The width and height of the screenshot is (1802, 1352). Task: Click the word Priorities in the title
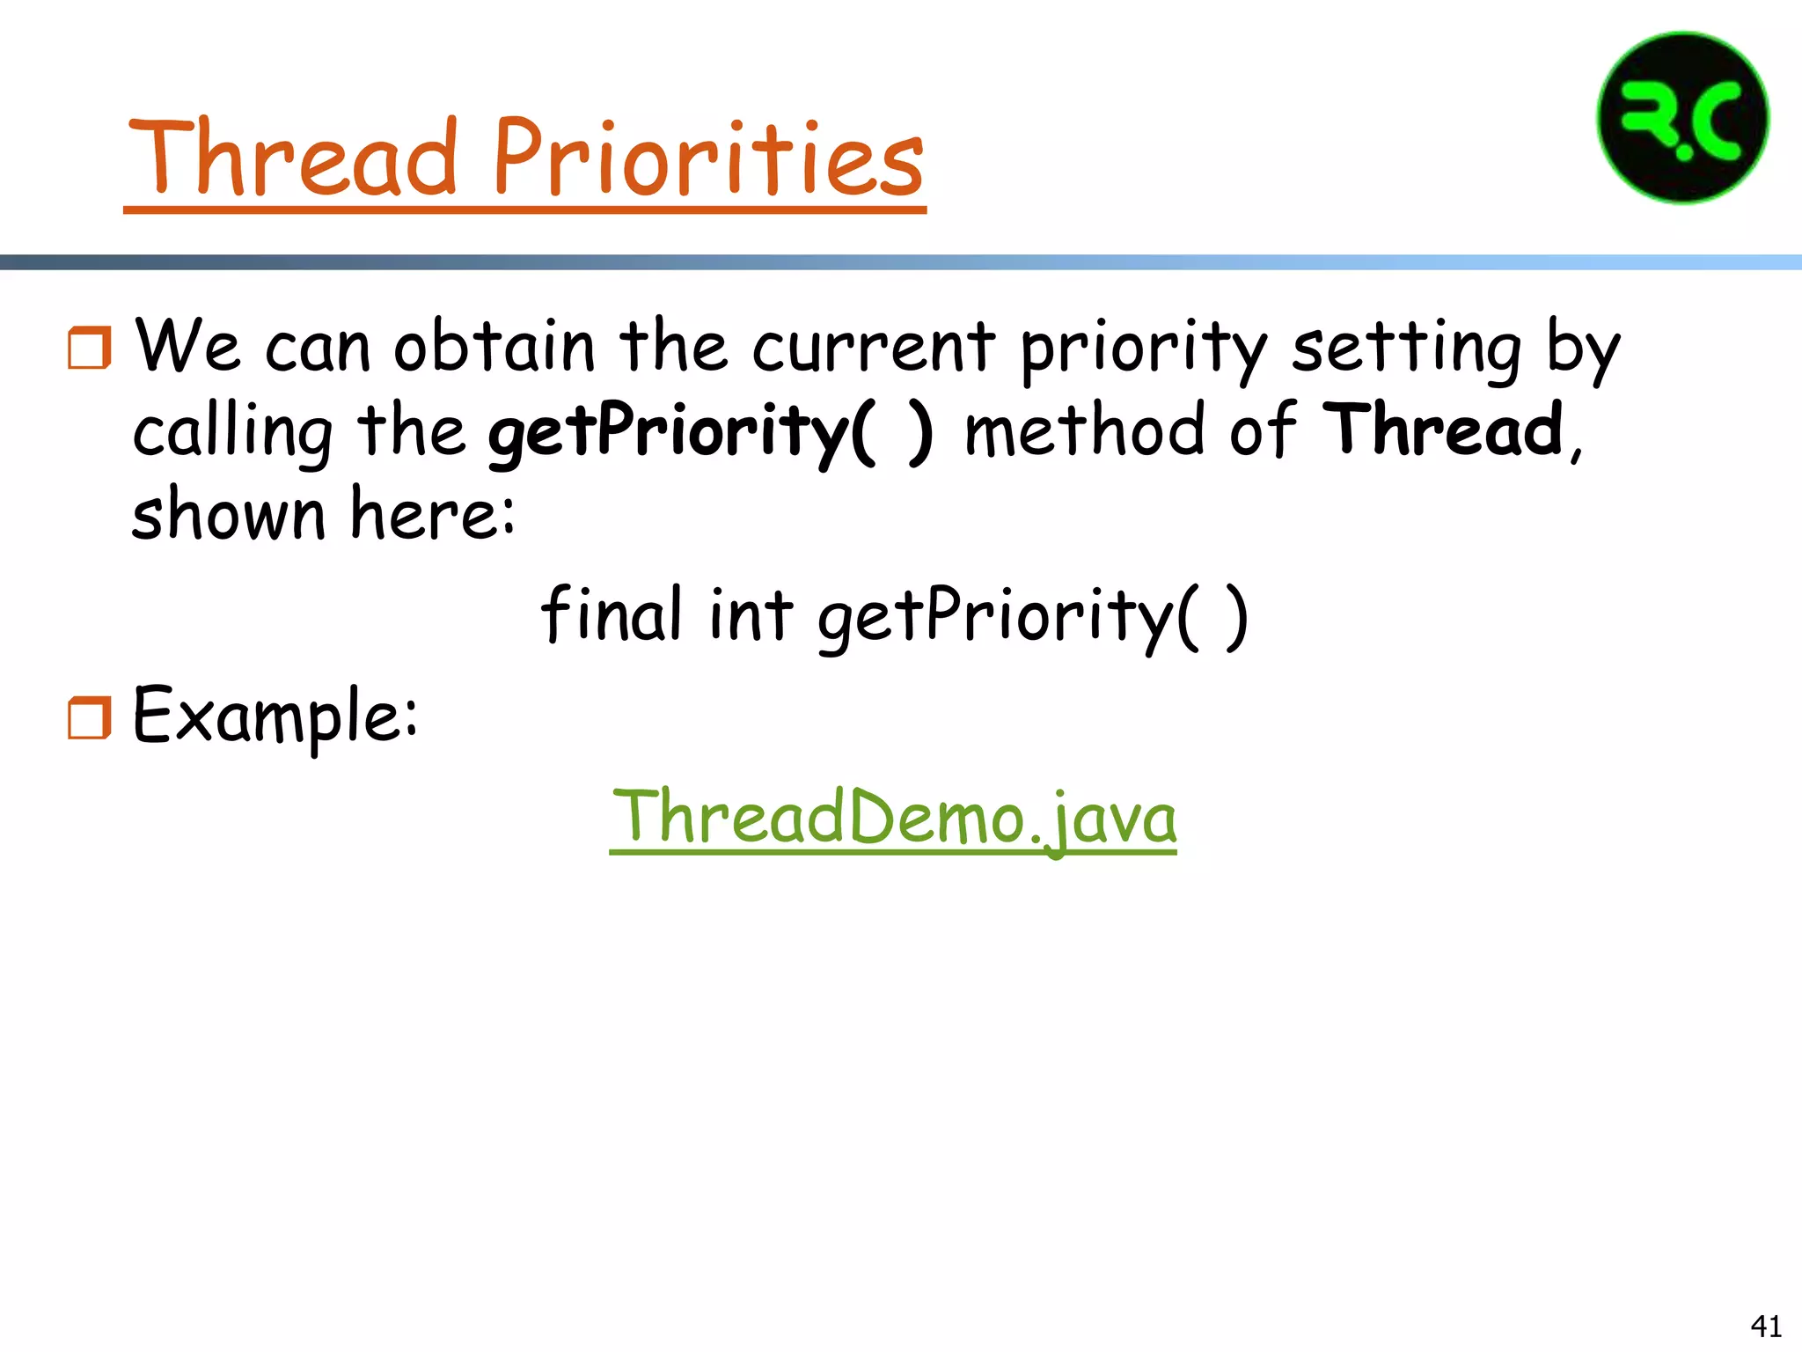pos(708,158)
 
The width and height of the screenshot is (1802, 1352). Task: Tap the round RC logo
pos(1682,118)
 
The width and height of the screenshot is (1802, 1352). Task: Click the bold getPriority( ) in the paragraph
pos(709,431)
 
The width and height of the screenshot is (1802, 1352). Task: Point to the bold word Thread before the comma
pos(1443,430)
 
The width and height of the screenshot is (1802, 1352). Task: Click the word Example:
pos(275,716)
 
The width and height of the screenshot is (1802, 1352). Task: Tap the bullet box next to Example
pos(90,717)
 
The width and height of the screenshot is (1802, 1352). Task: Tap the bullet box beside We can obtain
pos(90,347)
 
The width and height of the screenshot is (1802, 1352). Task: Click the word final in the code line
pos(612,614)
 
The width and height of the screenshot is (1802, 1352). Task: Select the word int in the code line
pos(751,614)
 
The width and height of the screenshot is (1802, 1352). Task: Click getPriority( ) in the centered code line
pos(1032,617)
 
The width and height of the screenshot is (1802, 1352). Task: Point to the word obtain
pos(494,346)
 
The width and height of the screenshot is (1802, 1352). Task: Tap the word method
pos(1083,430)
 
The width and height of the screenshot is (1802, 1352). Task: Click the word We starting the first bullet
pos(187,346)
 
